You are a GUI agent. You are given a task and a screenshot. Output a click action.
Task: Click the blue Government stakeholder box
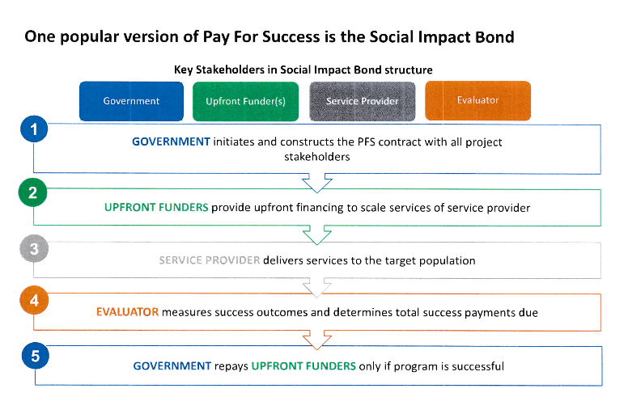[x=131, y=101]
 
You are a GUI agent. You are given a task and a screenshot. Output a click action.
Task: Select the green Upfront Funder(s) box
[x=245, y=101]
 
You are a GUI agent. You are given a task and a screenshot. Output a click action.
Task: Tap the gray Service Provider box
[x=362, y=101]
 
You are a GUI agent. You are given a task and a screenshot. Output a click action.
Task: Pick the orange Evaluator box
[x=477, y=100]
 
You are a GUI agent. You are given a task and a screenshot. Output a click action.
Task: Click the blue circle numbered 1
[x=34, y=129]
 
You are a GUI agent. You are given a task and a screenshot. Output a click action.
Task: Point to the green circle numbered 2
[x=33, y=192]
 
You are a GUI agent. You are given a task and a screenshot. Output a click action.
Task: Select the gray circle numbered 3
[x=34, y=248]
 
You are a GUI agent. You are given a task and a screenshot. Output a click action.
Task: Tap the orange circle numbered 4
[x=34, y=300]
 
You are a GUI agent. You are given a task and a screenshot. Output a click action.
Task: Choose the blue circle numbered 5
[x=36, y=356]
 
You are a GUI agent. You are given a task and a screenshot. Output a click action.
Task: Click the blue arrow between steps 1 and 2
[x=316, y=184]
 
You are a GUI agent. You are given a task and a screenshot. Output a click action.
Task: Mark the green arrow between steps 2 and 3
[x=316, y=235]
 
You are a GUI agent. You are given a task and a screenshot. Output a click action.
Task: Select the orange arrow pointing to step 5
[x=316, y=340]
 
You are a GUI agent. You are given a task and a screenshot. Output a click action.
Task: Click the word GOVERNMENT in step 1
[x=171, y=141]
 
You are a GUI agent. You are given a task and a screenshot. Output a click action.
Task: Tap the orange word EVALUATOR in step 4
[x=127, y=312]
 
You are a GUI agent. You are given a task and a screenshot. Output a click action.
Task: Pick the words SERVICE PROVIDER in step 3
[x=210, y=260]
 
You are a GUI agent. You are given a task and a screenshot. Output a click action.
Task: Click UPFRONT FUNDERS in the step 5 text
[x=303, y=365]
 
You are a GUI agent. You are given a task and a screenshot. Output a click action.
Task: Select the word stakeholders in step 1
[x=316, y=157]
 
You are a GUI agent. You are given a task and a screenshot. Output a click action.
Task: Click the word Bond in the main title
[x=494, y=37]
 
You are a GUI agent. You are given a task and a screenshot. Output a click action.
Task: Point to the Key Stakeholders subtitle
[x=303, y=70]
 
